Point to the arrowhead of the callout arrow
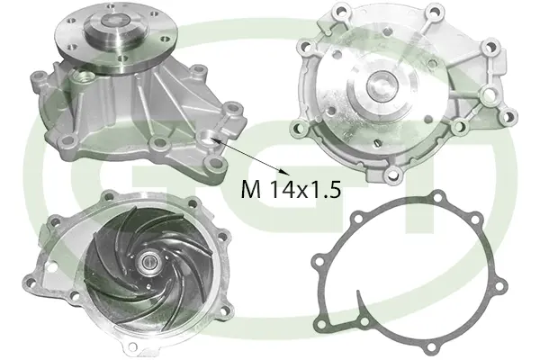[287, 173]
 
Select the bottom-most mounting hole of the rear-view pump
[393, 170]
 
